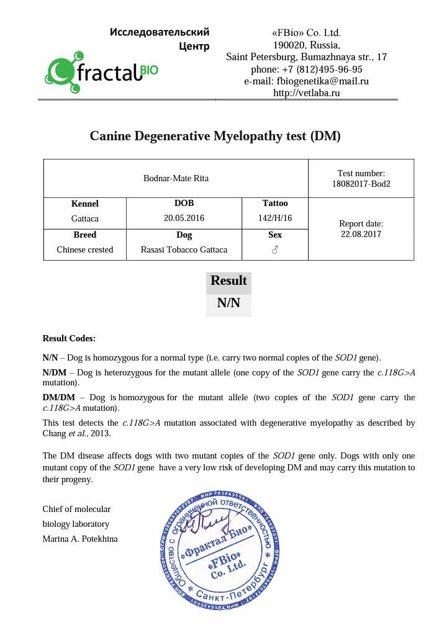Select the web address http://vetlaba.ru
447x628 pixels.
coord(307,92)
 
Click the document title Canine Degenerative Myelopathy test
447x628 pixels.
coord(215,136)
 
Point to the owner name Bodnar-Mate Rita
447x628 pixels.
coord(176,178)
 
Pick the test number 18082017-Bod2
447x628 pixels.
coord(361,184)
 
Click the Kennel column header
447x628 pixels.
coord(85,204)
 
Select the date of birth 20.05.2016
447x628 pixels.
coord(184,218)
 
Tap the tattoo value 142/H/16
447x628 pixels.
coord(275,218)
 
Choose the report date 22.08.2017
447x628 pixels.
coord(361,234)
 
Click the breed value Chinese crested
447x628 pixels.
coord(85,249)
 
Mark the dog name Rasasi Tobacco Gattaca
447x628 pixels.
coord(184,249)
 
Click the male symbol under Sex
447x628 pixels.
coord(275,250)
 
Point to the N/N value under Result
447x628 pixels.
coord(228,303)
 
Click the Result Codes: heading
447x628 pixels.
coord(69,338)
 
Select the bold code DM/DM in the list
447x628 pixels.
coord(58,397)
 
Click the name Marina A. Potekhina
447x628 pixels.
coord(80,539)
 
